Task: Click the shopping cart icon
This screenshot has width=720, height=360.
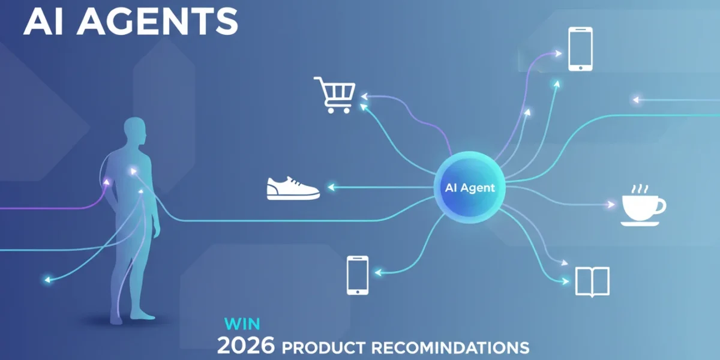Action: tap(335, 95)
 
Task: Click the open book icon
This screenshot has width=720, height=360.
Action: tap(592, 281)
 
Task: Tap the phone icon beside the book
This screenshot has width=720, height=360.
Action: tap(358, 275)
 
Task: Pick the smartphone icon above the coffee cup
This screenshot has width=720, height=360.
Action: tap(581, 49)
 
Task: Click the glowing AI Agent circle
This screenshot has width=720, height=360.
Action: tap(470, 187)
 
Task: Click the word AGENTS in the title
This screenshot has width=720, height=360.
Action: tap(157, 22)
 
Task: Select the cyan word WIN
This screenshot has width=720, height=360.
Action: tap(242, 324)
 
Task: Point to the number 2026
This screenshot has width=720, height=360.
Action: tap(246, 345)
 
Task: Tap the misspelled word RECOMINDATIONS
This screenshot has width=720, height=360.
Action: tap(451, 347)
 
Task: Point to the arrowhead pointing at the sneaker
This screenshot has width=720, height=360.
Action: tap(331, 187)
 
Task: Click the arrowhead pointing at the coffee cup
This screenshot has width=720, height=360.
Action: tap(610, 205)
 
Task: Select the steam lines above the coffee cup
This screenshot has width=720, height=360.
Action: tap(640, 189)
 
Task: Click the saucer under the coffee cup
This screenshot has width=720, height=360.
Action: tap(640, 224)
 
